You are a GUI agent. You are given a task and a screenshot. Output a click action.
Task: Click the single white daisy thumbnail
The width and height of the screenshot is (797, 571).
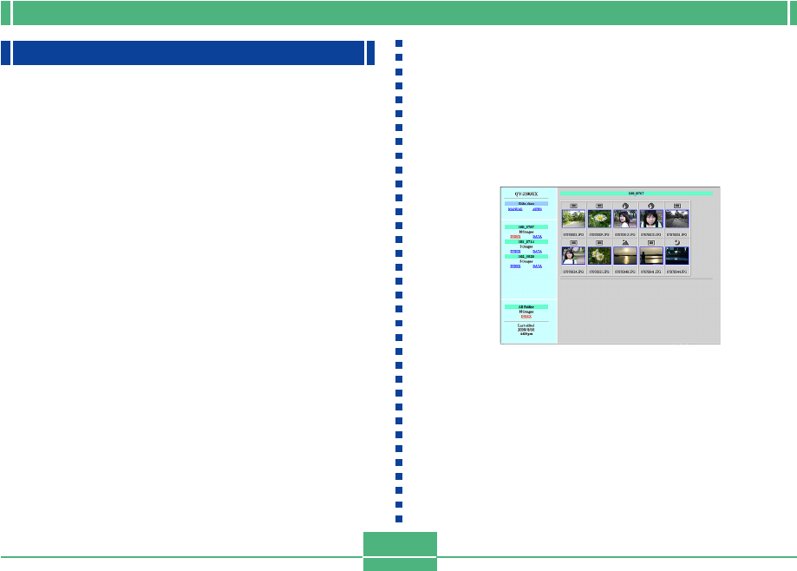click(x=600, y=218)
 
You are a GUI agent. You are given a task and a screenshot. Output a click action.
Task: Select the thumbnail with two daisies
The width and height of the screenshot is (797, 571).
click(x=600, y=255)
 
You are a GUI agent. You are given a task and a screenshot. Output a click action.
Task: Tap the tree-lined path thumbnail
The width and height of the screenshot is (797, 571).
click(x=573, y=218)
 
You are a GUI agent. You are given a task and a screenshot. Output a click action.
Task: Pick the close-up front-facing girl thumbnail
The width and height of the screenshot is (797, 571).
click(x=651, y=218)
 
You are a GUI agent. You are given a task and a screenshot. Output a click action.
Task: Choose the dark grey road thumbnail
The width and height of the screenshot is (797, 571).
click(x=677, y=218)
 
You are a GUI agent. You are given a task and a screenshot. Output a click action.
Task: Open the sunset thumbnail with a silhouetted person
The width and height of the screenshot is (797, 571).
click(x=651, y=255)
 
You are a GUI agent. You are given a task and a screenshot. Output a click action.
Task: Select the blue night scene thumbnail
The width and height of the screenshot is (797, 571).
click(x=677, y=255)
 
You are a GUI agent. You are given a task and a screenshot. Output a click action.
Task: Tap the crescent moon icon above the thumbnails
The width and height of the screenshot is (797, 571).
click(x=677, y=242)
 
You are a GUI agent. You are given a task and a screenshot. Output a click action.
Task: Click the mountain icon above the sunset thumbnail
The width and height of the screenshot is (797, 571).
click(x=626, y=242)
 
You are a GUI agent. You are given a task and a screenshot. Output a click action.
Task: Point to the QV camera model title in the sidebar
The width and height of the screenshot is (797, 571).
click(x=526, y=194)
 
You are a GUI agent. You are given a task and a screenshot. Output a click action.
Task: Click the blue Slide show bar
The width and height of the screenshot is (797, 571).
click(x=526, y=203)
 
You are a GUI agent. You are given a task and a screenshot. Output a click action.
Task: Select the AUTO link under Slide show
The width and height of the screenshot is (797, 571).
click(x=537, y=209)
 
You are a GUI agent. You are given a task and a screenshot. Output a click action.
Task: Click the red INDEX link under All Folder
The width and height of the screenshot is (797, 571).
click(x=526, y=317)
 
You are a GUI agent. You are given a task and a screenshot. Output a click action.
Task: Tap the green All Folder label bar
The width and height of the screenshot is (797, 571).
click(x=526, y=306)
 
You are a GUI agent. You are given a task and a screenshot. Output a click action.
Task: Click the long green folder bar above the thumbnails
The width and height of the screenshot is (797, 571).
click(x=636, y=194)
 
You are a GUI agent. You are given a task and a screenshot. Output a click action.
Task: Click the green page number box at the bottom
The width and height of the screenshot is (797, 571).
click(x=399, y=545)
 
